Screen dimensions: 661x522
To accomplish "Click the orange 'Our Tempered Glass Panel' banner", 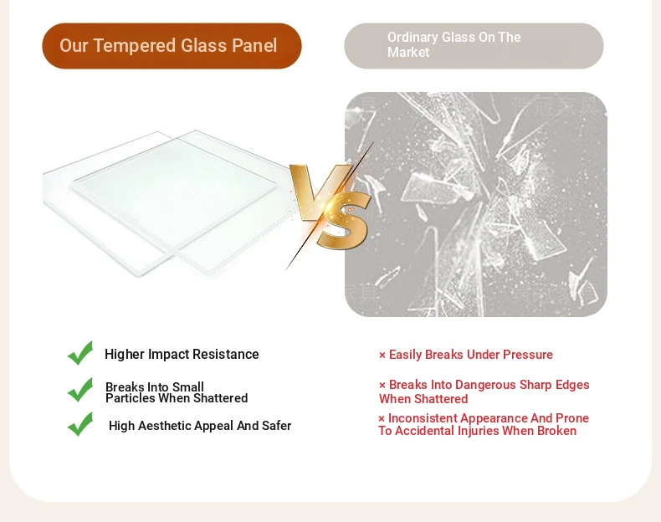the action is [x=172, y=46].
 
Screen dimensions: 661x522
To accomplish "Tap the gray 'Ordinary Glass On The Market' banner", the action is [x=474, y=46].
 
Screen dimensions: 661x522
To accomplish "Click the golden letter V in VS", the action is [x=320, y=192].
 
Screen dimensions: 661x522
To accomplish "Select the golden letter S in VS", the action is [x=343, y=220].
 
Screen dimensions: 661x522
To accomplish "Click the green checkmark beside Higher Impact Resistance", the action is [x=80, y=353].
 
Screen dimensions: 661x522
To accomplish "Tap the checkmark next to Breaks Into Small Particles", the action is [x=80, y=390].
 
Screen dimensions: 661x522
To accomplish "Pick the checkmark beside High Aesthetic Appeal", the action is [x=80, y=424].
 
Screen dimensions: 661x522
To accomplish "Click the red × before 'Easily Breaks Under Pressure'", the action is [x=382, y=356].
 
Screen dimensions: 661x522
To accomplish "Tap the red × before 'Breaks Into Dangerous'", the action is [x=382, y=386].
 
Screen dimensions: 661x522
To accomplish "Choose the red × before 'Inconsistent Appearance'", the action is [x=382, y=419].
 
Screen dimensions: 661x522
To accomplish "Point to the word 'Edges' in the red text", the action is [x=572, y=386].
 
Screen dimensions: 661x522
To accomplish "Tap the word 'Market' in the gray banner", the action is [x=408, y=52].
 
